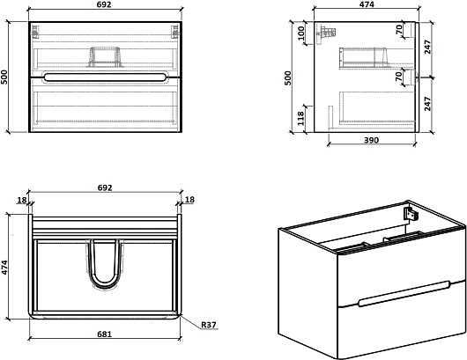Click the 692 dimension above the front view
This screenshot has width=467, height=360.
pyautogui.click(x=104, y=4)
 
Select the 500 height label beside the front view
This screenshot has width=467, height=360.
pyautogui.click(x=4, y=77)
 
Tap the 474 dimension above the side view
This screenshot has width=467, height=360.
pyautogui.click(x=367, y=4)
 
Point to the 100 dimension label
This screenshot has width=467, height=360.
pyautogui.click(x=300, y=33)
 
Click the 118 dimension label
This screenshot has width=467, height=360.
pyautogui.click(x=300, y=118)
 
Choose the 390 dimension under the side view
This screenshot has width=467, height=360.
pyautogui.click(x=371, y=140)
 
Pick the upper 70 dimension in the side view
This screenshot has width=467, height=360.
pyautogui.click(x=399, y=29)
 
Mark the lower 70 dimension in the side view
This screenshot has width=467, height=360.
pyautogui.click(x=398, y=77)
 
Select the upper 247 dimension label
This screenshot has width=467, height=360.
pyautogui.click(x=427, y=47)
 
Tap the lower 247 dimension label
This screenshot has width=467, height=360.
pyautogui.click(x=427, y=104)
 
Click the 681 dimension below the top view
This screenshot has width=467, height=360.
pyautogui.click(x=105, y=334)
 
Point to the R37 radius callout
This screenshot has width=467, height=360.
pyautogui.click(x=209, y=325)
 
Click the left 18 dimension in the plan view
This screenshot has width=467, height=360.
pyautogui.click(x=22, y=200)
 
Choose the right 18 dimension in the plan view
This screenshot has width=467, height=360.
pyautogui.click(x=189, y=199)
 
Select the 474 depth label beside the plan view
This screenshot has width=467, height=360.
pyautogui.click(x=4, y=268)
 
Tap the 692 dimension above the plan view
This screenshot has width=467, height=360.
pyautogui.click(x=105, y=187)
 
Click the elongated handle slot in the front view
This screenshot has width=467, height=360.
pyautogui.click(x=105, y=77)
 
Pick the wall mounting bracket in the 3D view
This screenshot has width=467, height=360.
pyautogui.click(x=411, y=214)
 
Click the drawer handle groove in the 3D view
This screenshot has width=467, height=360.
pyautogui.click(x=404, y=294)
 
